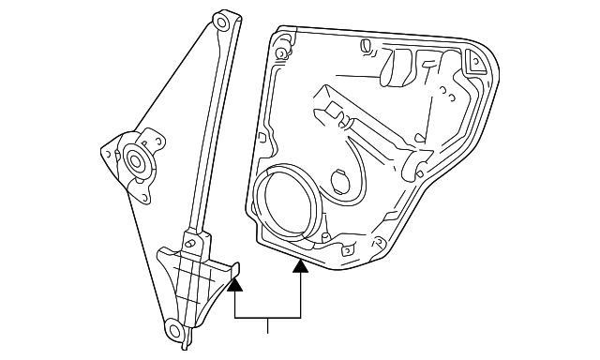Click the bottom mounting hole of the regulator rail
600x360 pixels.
tap(174, 328)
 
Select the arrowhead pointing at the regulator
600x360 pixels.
tap(235, 278)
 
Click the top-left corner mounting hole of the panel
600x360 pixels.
tap(280, 43)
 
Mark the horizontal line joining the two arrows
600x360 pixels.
tap(268, 319)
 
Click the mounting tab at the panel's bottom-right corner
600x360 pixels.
tap(380, 248)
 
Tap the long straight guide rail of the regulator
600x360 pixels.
tap(207, 131)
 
